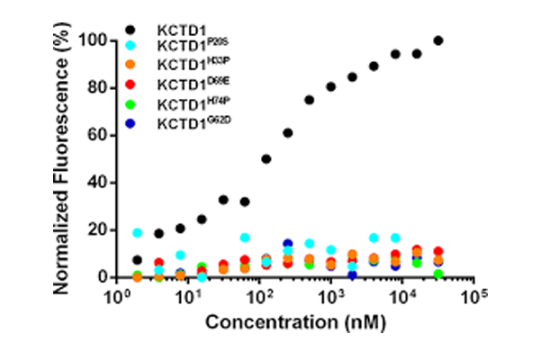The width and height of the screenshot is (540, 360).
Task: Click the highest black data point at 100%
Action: click(438, 40)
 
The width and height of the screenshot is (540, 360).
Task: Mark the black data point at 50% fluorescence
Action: click(266, 159)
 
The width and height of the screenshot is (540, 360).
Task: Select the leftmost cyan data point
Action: click(138, 232)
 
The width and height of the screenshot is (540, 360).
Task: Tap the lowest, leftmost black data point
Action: click(138, 260)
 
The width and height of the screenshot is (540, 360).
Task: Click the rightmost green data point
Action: click(438, 274)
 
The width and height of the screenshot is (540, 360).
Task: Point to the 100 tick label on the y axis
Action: click(97, 41)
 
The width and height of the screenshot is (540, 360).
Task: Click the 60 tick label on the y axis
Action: click(101, 136)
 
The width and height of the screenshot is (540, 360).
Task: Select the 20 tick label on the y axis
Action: click(101, 230)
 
